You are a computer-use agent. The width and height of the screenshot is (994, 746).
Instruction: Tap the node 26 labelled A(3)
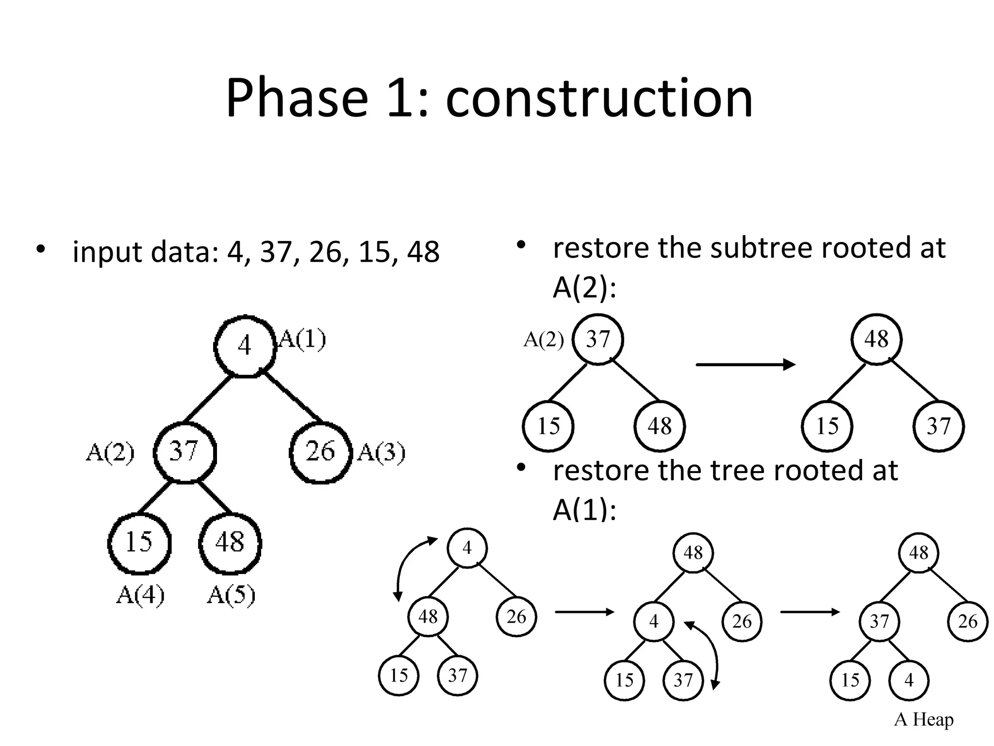[x=320, y=452]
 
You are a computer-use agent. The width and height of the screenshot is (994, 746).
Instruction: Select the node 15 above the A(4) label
[x=139, y=543]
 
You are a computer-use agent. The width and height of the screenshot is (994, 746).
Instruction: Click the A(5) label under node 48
[x=231, y=594]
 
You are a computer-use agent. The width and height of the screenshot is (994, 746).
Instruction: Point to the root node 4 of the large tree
[x=245, y=346]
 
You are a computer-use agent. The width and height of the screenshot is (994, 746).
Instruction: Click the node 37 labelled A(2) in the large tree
[x=184, y=452]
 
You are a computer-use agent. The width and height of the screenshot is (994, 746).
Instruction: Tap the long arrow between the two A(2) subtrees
[x=745, y=364]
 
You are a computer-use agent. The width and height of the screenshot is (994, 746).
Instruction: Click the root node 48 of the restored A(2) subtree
[x=876, y=339]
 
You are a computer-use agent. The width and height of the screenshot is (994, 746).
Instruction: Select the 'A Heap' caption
[x=923, y=719]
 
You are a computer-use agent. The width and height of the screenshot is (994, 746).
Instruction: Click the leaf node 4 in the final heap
[x=909, y=680]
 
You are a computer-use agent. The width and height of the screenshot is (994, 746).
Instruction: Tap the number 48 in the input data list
[x=423, y=252]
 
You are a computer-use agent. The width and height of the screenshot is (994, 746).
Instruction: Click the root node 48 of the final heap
[x=918, y=553]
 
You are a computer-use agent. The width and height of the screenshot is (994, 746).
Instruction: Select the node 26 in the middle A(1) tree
[x=742, y=621]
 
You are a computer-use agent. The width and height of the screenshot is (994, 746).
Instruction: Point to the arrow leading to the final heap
[x=810, y=612]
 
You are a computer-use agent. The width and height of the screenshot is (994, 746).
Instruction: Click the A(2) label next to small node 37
[x=543, y=339]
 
